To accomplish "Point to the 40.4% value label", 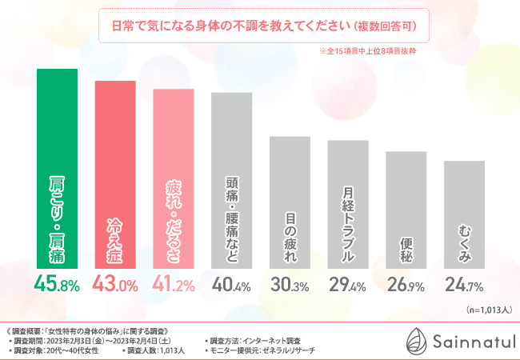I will pos(231,284).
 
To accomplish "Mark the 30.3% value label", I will pos(290,284).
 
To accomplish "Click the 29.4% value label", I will pos(348,284).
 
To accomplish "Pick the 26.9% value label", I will pos(406,284).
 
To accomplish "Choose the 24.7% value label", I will pos(464,284).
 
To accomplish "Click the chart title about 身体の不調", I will pos(258,25).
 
